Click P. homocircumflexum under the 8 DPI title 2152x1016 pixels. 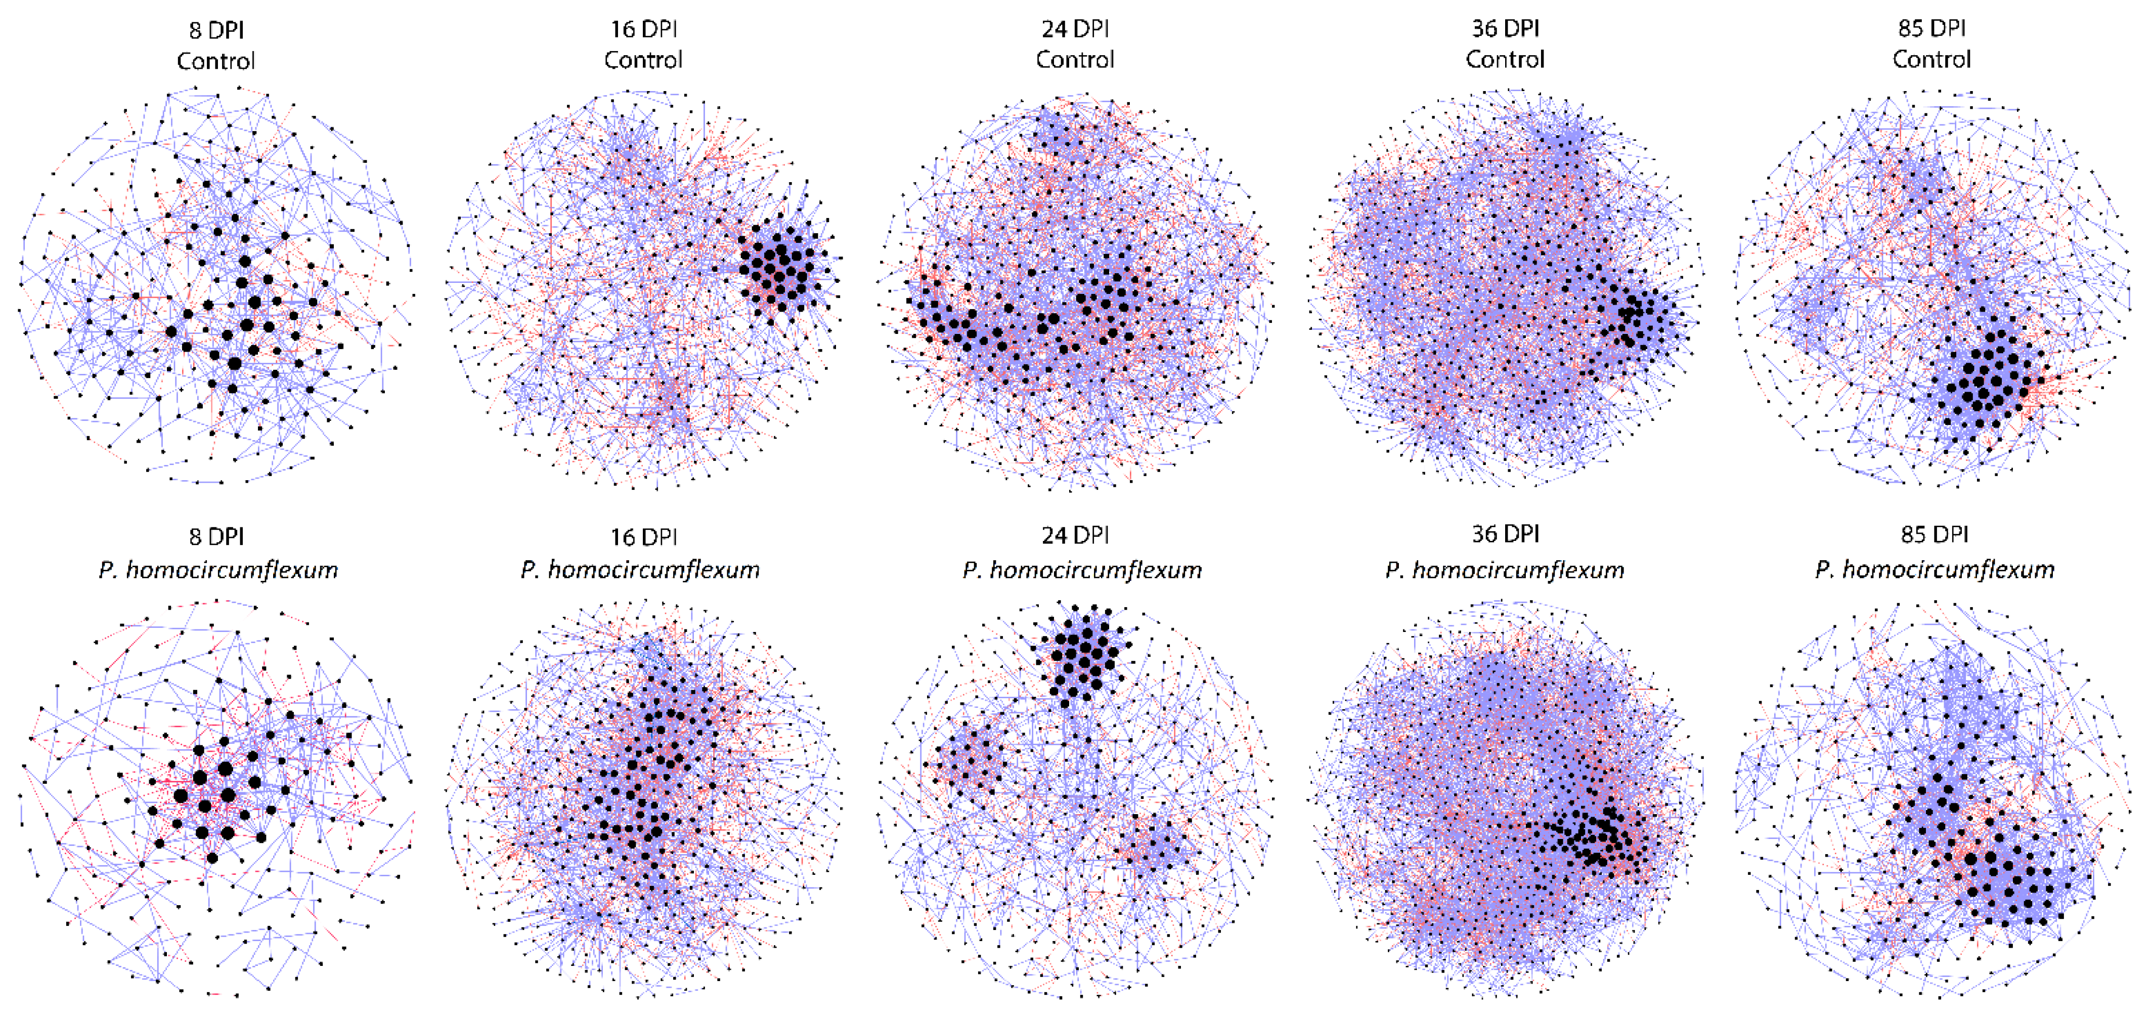point(218,570)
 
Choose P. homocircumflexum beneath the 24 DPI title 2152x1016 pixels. point(1082,570)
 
